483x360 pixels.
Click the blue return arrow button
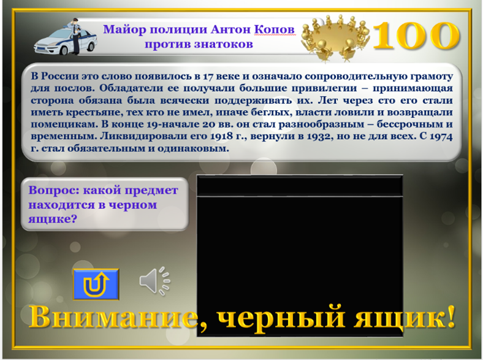[96, 284]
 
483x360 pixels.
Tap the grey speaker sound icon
[154, 280]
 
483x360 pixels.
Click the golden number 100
[416, 36]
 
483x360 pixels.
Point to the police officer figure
[75, 36]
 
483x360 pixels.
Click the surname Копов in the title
[275, 29]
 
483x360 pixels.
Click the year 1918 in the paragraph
[221, 136]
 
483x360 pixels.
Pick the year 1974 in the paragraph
[441, 136]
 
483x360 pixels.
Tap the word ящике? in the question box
[52, 219]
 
